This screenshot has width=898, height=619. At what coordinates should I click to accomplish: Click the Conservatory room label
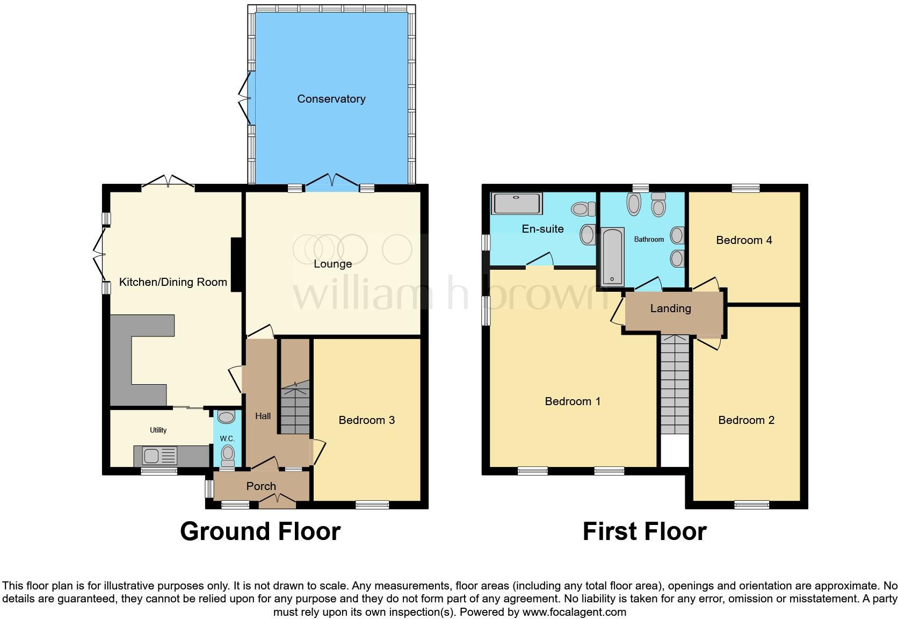tap(331, 99)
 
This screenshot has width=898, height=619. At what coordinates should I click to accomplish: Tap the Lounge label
tap(332, 264)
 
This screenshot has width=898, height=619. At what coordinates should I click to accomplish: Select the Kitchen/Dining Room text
tap(173, 282)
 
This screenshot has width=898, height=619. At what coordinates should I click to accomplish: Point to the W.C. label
tap(227, 438)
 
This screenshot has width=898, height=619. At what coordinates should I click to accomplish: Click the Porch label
tap(261, 486)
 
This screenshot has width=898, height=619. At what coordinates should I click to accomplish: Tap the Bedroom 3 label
tap(366, 420)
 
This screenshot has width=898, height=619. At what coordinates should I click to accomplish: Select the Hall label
tap(263, 416)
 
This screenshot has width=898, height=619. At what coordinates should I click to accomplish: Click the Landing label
tap(670, 308)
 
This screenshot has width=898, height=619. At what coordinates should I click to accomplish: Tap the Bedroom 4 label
tap(744, 240)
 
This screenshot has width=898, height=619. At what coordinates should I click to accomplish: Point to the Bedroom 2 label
tap(746, 420)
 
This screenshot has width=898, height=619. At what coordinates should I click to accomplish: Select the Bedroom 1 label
tap(573, 401)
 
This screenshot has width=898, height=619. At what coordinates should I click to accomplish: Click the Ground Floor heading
tap(260, 531)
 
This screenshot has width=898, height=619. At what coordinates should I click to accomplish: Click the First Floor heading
tap(644, 531)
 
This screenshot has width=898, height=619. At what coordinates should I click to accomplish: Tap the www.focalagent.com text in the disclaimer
tap(574, 612)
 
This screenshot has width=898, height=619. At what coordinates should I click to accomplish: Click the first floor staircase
tap(675, 384)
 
